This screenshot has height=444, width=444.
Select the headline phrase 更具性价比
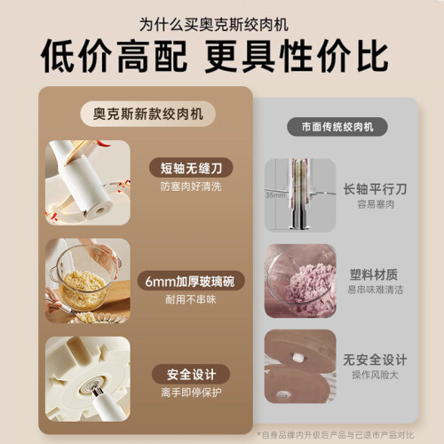point(297,55)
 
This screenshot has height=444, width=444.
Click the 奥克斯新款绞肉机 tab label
point(146,114)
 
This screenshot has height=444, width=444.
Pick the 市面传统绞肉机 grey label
point(337,127)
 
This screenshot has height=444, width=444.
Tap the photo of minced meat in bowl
point(301,281)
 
